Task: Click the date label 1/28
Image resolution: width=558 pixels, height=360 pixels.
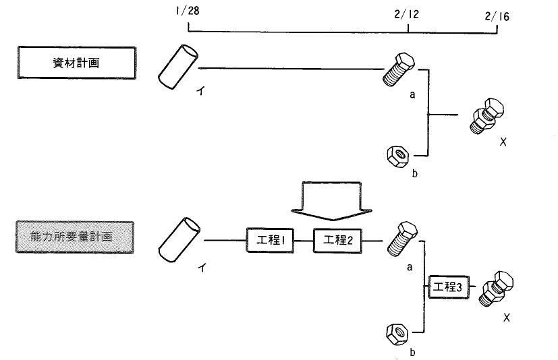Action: coord(188,11)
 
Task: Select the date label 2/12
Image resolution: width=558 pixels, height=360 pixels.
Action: coord(407,15)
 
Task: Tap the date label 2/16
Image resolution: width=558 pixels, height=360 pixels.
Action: coord(497,16)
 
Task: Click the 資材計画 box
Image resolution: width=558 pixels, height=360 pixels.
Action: coord(76,63)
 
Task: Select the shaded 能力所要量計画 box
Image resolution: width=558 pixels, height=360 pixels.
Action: coord(75,237)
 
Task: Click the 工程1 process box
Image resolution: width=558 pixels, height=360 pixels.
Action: coord(270,241)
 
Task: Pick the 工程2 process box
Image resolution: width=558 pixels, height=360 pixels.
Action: coord(337,241)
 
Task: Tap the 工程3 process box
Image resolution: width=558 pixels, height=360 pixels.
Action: coord(449,287)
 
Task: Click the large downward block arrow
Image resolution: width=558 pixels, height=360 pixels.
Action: coord(331,202)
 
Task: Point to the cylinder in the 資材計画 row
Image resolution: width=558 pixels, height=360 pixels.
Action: coord(177,67)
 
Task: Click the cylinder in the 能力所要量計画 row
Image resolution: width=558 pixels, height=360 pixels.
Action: coord(179,240)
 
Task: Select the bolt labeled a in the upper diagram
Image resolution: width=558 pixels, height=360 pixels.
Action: coord(399,69)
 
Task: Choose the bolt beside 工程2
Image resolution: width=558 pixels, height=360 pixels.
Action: coord(402,239)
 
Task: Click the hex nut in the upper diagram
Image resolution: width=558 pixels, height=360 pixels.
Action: coord(398,156)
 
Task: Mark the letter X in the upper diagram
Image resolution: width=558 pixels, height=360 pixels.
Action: coord(503,142)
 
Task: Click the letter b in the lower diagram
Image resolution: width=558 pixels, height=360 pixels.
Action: coord(412,352)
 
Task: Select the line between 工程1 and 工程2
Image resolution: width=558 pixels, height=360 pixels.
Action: coord(304,241)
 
